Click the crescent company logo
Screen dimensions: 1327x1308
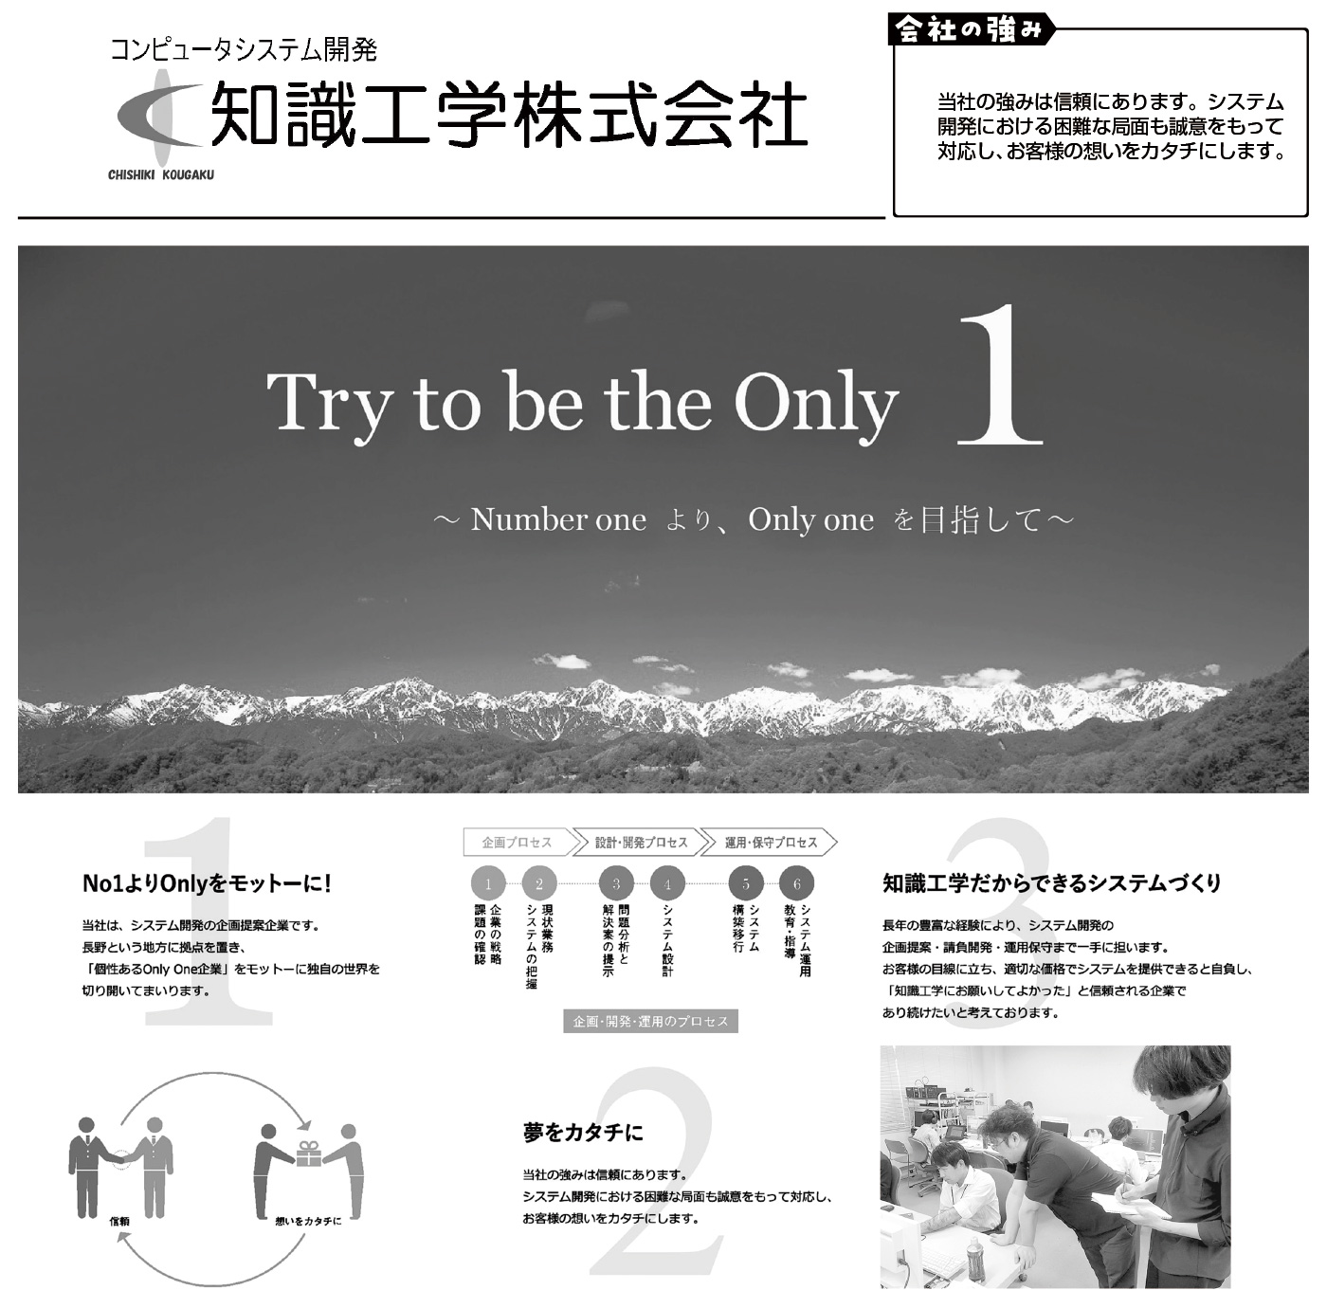(160, 117)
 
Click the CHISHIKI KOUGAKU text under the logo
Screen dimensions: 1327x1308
(161, 175)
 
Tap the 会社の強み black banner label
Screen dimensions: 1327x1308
(971, 29)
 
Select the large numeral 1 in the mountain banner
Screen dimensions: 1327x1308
(1002, 374)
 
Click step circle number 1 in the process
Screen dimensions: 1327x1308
(488, 883)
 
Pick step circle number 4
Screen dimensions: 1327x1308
(667, 883)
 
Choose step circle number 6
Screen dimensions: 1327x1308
(797, 883)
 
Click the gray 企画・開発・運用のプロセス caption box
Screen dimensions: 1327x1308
(651, 1022)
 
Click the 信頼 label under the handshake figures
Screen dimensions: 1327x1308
(119, 1222)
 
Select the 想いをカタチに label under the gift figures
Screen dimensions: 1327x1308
(308, 1222)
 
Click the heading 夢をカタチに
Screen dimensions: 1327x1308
(583, 1133)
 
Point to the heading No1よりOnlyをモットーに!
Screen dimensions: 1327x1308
(207, 883)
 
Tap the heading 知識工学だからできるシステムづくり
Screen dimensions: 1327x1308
(1052, 883)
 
